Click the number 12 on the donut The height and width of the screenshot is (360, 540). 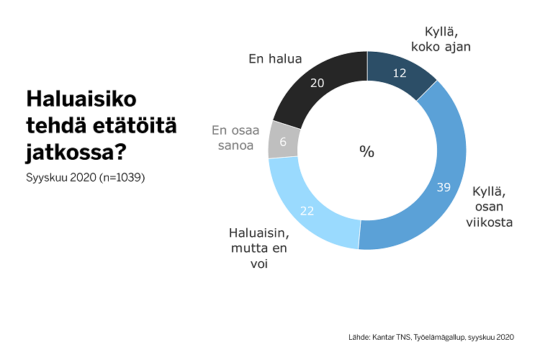click(x=401, y=73)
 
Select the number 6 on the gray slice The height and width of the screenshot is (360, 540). click(x=283, y=142)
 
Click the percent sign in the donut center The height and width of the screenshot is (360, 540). click(x=367, y=151)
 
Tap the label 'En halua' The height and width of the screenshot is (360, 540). click(x=275, y=59)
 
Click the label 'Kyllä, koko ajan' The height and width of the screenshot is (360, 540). click(x=439, y=40)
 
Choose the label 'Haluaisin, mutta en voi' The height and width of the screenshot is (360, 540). click(x=258, y=248)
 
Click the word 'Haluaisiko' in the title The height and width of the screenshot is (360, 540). click(x=81, y=99)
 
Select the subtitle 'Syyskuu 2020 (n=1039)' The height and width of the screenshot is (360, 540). click(x=86, y=178)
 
